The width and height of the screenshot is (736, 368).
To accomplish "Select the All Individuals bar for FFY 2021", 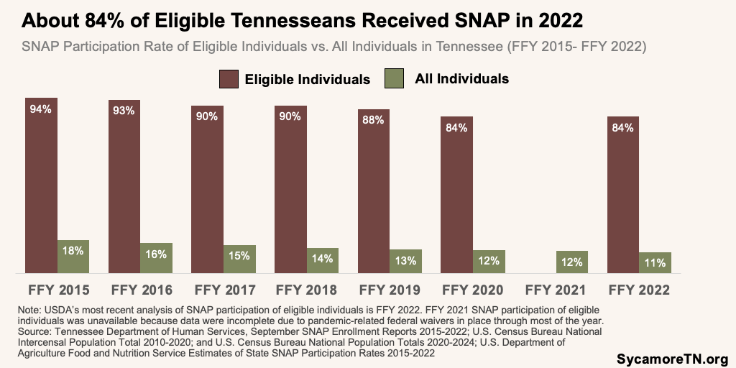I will click(572, 262).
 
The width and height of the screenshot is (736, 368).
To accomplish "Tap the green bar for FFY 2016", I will click(156, 258).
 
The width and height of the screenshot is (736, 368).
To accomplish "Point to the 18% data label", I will click(73, 251).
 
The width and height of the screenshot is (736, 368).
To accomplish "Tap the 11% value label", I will click(655, 262).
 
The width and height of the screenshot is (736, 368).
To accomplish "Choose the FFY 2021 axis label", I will click(556, 291).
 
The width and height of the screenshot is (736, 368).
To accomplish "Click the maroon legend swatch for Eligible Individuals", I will click(229, 78).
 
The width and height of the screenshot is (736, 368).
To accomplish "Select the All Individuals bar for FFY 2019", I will click(406, 262).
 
